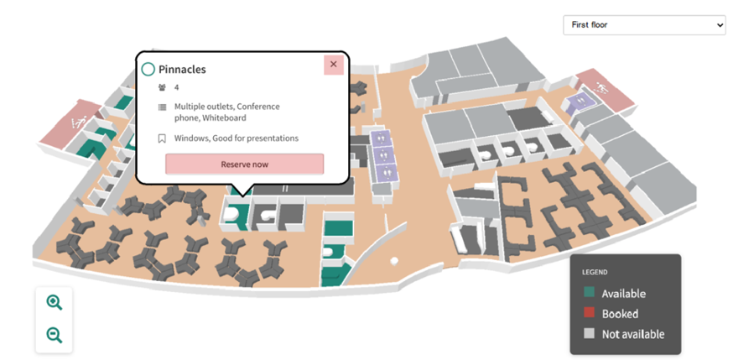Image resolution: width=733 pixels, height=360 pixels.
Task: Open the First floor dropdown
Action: coord(643,25)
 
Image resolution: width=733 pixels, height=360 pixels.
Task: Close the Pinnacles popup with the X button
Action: coord(333,65)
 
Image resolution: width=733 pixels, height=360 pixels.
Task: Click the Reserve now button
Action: coord(244,164)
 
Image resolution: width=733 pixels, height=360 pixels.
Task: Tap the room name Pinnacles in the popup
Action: coord(182,70)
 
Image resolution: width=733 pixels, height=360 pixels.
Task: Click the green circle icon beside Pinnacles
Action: coord(148,70)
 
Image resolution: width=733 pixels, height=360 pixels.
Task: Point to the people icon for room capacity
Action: coord(162,87)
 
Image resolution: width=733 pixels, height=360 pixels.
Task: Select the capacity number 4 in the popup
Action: coord(177,87)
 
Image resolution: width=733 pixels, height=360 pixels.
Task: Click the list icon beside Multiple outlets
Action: coord(162,107)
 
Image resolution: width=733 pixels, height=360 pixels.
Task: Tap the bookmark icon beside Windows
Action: coord(162,138)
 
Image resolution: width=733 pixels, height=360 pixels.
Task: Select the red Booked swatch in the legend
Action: coord(589,314)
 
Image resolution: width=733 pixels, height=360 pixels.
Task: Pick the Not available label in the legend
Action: coord(633,334)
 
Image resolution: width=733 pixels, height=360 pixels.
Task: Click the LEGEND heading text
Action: coord(595,272)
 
